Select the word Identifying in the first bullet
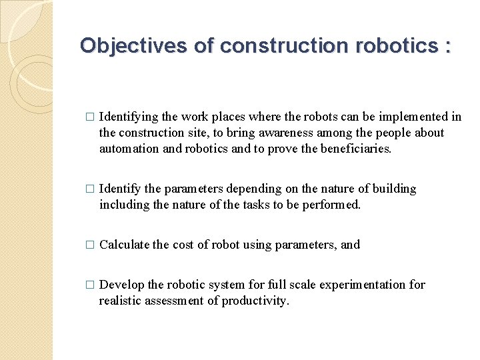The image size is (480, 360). (x=129, y=117)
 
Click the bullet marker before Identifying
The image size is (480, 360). (x=90, y=117)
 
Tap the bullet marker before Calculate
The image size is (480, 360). (x=90, y=245)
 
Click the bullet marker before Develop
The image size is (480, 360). (x=90, y=285)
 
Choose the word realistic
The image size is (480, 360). (x=121, y=301)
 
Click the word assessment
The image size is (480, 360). (x=175, y=301)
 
